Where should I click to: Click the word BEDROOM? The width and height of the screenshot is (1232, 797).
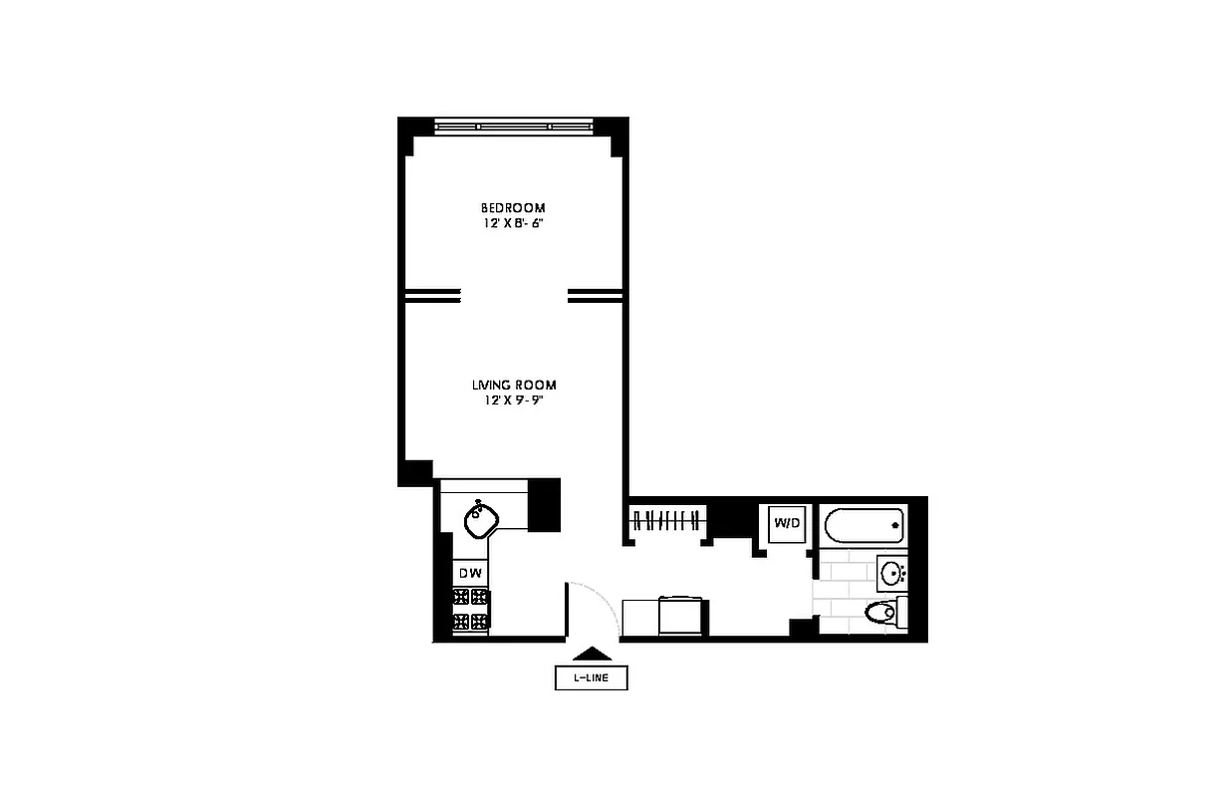point(513,207)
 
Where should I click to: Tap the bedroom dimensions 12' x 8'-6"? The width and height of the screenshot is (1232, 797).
point(513,223)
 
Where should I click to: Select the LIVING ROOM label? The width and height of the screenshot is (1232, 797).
point(514,385)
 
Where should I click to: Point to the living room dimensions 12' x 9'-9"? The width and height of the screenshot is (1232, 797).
point(514,400)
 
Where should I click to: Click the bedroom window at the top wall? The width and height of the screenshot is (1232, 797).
point(514,127)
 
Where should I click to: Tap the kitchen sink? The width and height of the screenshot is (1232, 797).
point(484,515)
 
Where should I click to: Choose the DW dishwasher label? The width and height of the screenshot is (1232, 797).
point(471,573)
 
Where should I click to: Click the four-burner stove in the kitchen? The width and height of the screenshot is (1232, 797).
point(471,610)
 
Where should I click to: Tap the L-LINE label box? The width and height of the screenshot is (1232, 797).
point(592,678)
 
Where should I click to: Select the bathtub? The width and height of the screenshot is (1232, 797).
point(864,524)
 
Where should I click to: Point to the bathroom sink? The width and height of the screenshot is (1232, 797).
point(892,573)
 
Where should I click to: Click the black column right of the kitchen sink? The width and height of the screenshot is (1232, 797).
point(544,504)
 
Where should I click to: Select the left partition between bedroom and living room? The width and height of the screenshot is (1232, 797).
point(432,294)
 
